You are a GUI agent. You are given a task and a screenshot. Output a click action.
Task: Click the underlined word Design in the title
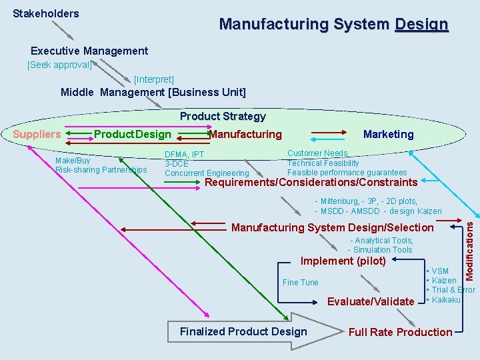[x=421, y=25]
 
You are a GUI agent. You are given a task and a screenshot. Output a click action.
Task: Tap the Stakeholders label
[x=45, y=13]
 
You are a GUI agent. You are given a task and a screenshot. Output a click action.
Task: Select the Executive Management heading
[x=89, y=51]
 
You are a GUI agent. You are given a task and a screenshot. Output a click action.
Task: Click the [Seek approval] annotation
[x=59, y=65]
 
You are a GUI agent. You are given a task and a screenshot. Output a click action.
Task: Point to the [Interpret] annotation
[x=154, y=79]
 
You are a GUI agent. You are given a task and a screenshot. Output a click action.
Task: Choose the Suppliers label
[x=37, y=134]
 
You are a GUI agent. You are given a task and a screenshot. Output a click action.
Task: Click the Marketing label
[x=388, y=134]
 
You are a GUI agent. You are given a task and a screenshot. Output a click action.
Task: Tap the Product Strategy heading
[x=223, y=116]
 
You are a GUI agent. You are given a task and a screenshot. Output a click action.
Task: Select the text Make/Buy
[x=73, y=161]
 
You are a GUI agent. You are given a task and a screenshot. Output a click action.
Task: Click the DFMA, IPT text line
[x=185, y=155]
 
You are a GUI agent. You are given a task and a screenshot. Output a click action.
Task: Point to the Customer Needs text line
[x=317, y=154]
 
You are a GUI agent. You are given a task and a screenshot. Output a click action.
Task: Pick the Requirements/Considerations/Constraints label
[x=311, y=182]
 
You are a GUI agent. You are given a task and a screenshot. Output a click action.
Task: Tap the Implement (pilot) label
[x=343, y=261]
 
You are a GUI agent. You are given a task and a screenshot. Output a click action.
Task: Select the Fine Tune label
[x=301, y=283]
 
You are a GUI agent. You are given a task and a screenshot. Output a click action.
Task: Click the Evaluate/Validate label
[x=371, y=301]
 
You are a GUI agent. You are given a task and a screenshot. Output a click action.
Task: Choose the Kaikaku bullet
[x=445, y=299]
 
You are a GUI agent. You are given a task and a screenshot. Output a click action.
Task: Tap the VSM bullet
[x=439, y=271]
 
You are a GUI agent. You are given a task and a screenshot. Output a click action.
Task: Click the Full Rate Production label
[x=400, y=332]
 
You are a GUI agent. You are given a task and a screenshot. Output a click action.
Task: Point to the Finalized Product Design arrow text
[x=243, y=331]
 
